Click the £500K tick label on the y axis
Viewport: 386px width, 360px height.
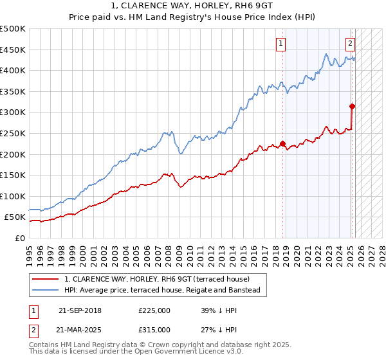13,29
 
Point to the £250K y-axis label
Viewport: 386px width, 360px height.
13,133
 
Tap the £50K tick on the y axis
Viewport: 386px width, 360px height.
15,217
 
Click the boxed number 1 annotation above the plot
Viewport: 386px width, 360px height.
282,44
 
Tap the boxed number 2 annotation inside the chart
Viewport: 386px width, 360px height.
350,44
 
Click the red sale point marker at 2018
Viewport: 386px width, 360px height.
282,143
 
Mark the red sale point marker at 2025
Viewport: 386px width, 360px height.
352,106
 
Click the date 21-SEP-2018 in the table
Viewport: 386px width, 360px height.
80,310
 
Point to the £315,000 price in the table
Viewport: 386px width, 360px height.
154,329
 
